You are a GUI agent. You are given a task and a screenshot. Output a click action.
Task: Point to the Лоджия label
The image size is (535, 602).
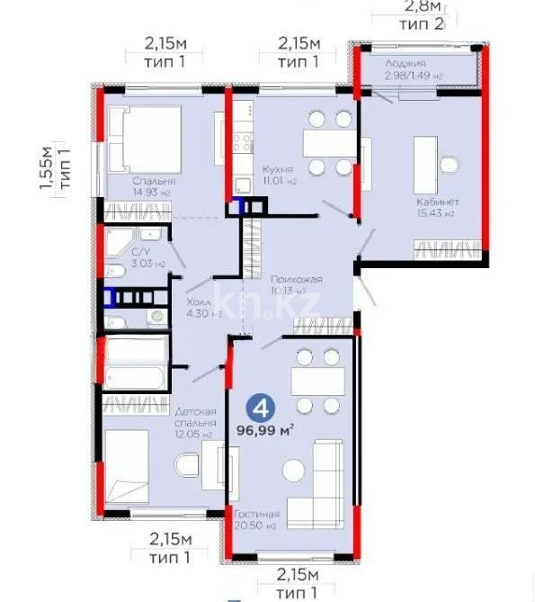[x=405, y=63]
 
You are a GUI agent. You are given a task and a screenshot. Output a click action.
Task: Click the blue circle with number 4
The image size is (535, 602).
[x=262, y=408]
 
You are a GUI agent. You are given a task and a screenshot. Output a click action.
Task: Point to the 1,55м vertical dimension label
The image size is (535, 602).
[x=52, y=168]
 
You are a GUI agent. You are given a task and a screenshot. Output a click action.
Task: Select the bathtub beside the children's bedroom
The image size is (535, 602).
[x=135, y=363]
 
